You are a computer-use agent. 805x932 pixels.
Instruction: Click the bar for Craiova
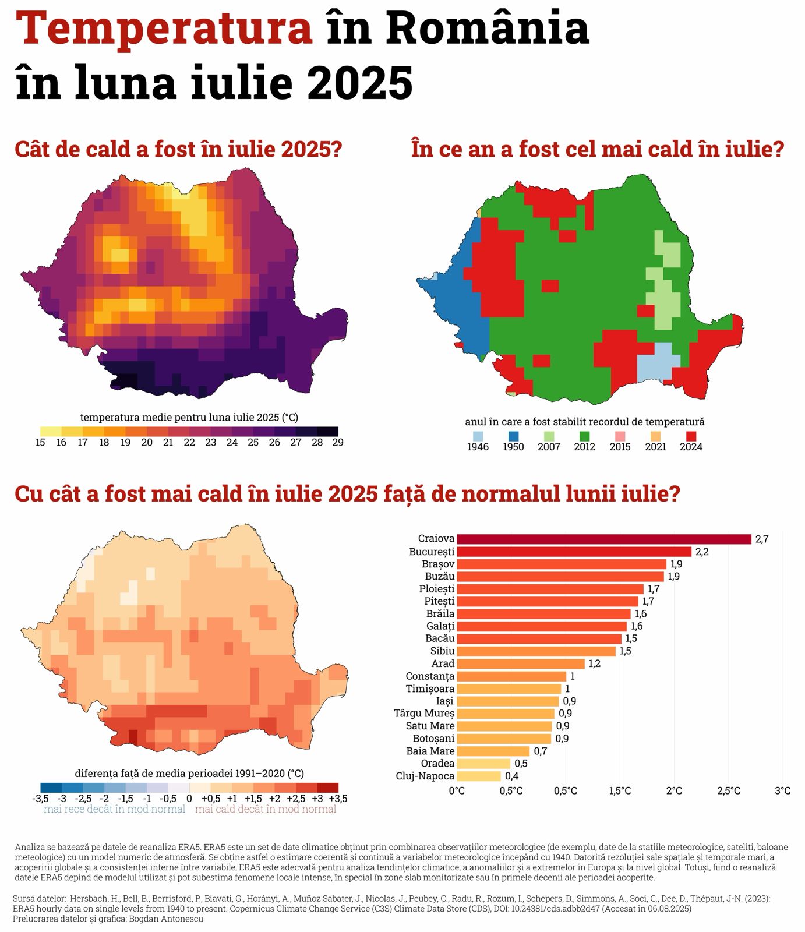[x=603, y=539]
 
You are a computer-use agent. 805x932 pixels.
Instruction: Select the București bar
[x=574, y=552]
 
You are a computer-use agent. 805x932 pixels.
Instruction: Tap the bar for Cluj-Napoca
[x=478, y=776]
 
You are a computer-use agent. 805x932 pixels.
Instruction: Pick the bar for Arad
[x=520, y=663]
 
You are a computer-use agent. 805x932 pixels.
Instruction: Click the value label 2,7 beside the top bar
[x=762, y=539]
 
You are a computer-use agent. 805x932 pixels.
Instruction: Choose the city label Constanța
[x=430, y=676]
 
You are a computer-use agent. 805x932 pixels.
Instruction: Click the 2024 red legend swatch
[x=691, y=436]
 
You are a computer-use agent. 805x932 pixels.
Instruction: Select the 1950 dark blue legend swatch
[x=513, y=436]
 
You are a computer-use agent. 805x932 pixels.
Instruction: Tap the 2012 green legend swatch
[x=584, y=436]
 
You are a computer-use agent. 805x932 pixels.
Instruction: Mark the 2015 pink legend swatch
[x=620, y=436]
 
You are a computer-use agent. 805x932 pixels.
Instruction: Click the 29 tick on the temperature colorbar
[x=338, y=443]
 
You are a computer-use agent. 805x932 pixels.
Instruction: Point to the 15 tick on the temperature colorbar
[x=40, y=443]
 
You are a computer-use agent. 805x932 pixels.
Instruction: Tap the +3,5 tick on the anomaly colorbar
[x=338, y=799]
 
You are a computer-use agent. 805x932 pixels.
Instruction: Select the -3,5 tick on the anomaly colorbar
[x=41, y=799]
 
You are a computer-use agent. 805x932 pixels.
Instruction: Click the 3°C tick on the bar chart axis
[x=782, y=790]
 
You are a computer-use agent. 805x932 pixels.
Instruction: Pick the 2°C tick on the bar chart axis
[x=674, y=790]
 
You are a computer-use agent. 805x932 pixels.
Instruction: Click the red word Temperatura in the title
[x=164, y=29]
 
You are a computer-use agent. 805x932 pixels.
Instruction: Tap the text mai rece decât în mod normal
[x=114, y=809]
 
